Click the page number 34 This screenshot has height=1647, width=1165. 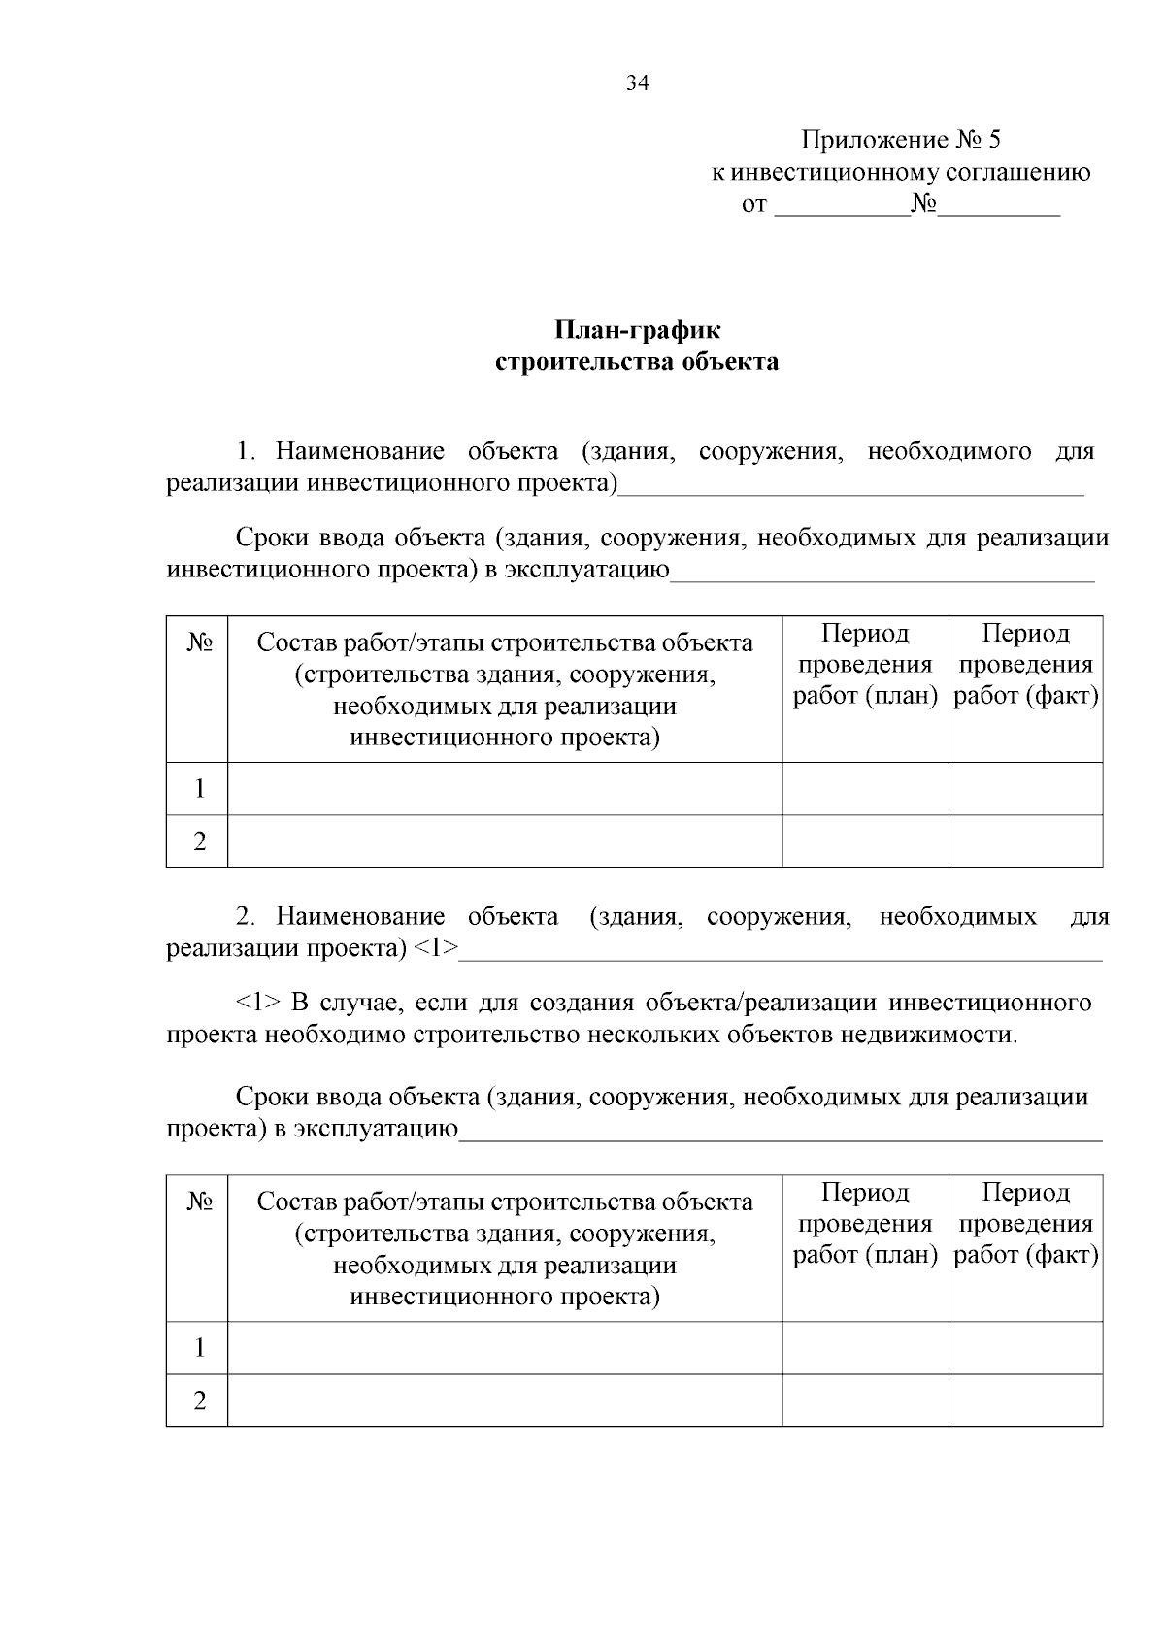click(637, 83)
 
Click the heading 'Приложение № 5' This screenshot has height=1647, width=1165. click(900, 141)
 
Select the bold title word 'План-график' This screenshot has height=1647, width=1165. click(638, 330)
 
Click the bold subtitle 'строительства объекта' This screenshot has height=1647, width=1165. click(637, 362)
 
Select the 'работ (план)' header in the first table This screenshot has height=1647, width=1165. click(865, 696)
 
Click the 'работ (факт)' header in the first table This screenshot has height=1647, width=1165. click(1026, 696)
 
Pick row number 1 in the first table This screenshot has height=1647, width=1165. click(199, 788)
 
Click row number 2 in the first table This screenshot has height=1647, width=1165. click(199, 840)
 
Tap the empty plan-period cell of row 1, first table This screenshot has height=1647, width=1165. click(865, 788)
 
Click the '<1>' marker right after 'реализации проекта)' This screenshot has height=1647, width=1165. click(436, 948)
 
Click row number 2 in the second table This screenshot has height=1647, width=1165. click(199, 1400)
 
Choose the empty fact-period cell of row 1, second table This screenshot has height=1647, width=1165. click(1025, 1347)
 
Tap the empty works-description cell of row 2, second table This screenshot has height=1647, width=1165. click(505, 1400)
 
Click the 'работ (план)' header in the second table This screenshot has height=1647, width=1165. click(865, 1256)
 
